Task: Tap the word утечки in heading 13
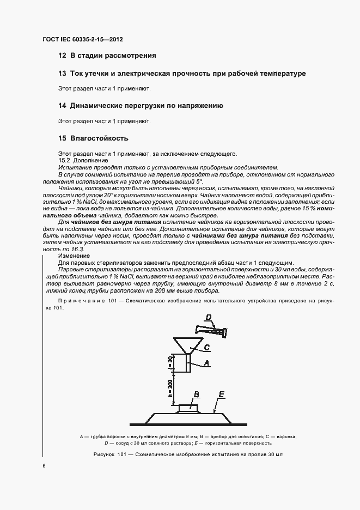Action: coord(95,74)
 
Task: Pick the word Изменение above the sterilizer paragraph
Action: coord(74,255)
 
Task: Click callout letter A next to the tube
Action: coord(206,362)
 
